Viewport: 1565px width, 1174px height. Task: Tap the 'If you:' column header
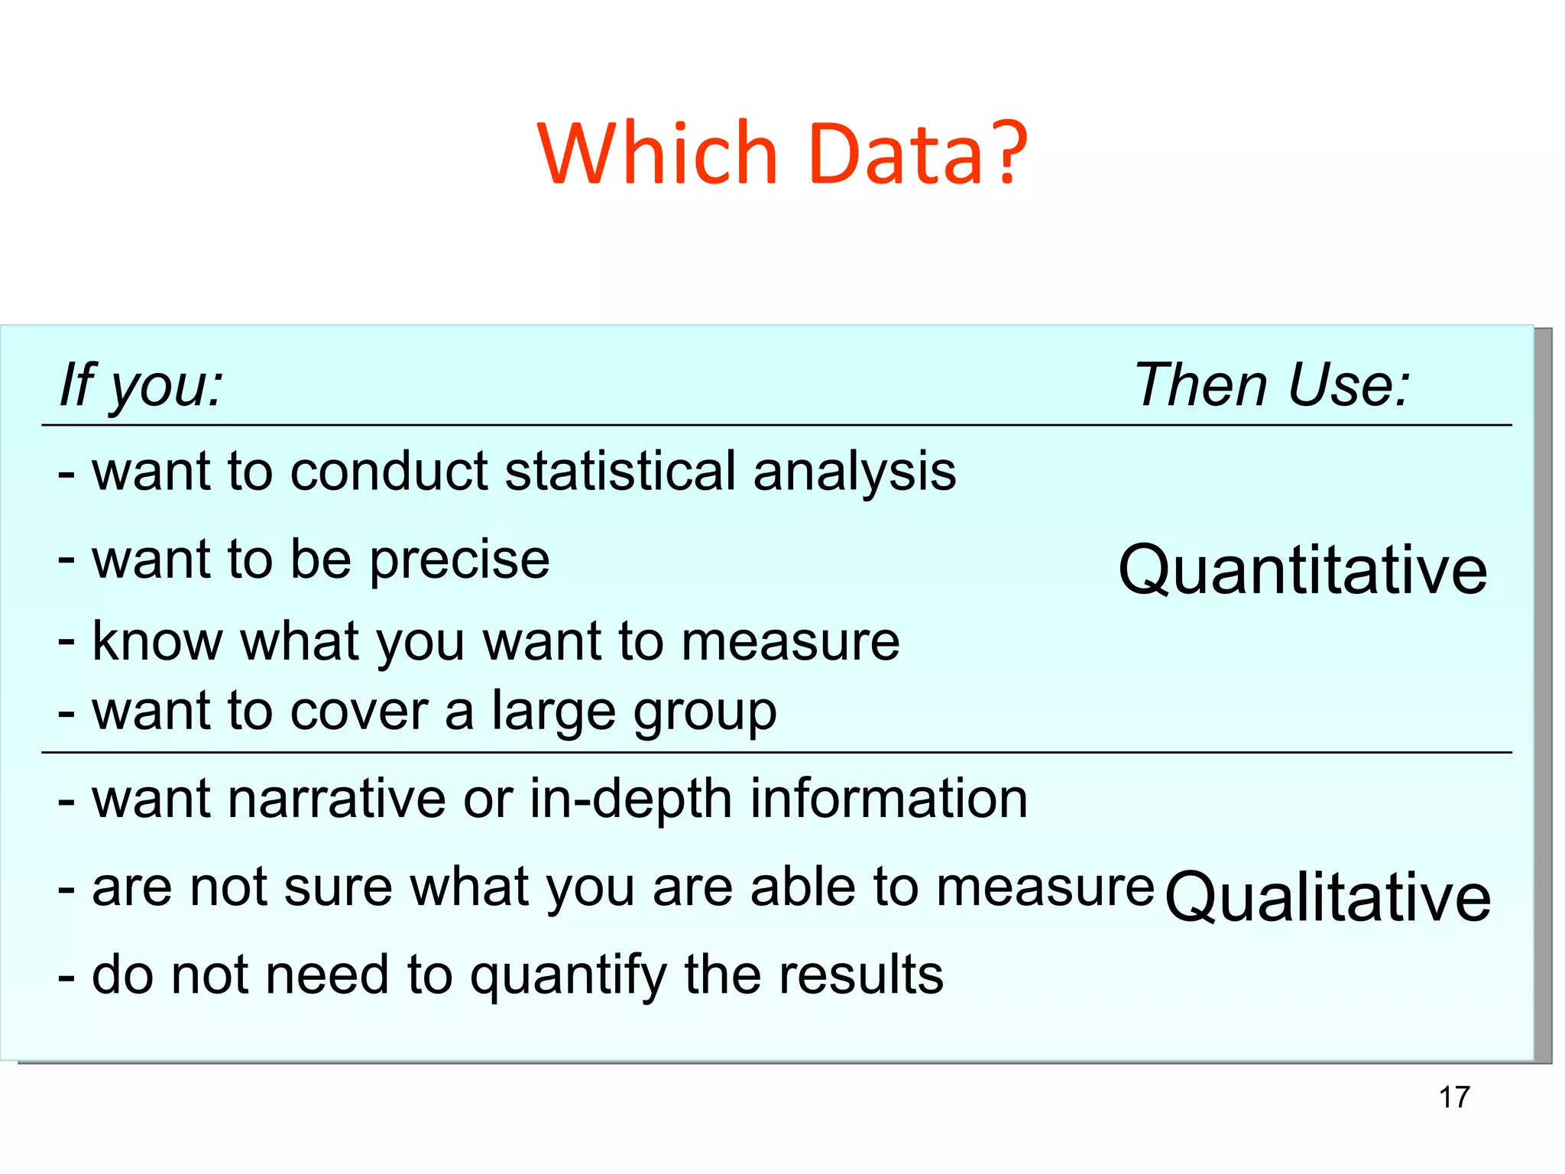tap(141, 384)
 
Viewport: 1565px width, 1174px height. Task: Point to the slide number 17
tap(1454, 1098)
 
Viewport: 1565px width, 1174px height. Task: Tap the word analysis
tap(854, 472)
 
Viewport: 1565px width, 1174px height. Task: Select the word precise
tap(460, 560)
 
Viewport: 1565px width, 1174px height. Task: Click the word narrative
tap(336, 799)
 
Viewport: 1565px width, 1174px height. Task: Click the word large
tap(552, 712)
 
